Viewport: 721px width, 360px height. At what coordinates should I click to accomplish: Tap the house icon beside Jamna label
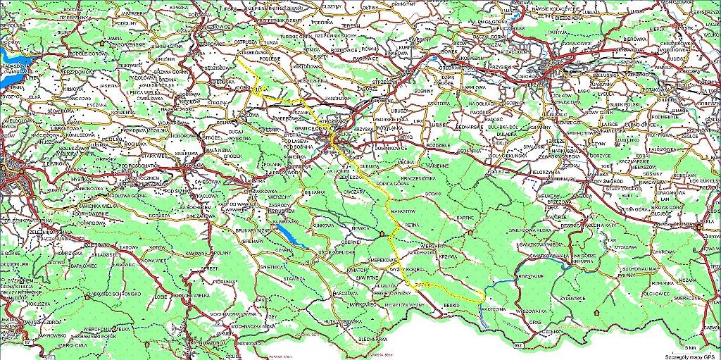coord(105,43)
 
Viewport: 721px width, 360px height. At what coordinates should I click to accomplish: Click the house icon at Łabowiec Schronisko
coord(87,297)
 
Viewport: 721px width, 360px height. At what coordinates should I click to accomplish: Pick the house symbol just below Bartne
coord(470,231)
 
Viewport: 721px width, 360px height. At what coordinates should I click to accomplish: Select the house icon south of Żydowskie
coord(597,310)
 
